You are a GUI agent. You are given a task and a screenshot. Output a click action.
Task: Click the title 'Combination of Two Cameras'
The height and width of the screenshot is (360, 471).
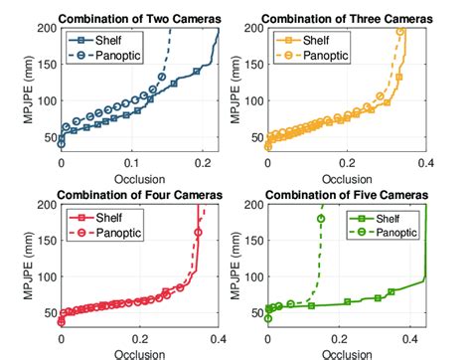tap(141, 17)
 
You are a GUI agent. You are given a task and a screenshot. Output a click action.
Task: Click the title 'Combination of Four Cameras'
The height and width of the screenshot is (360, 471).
tap(140, 195)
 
